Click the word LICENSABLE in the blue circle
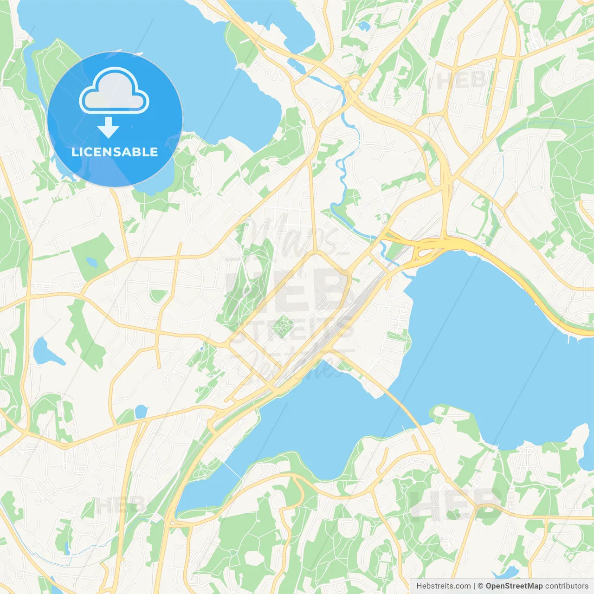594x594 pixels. (115, 152)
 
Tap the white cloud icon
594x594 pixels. (114, 91)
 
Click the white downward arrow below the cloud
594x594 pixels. (108, 128)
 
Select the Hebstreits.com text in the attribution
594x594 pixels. (443, 586)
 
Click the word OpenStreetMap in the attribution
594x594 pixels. (514, 586)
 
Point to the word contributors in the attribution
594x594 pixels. (567, 586)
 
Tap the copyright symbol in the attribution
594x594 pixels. (480, 586)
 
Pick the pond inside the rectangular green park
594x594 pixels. (92, 262)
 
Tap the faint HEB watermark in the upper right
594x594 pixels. (462, 81)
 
